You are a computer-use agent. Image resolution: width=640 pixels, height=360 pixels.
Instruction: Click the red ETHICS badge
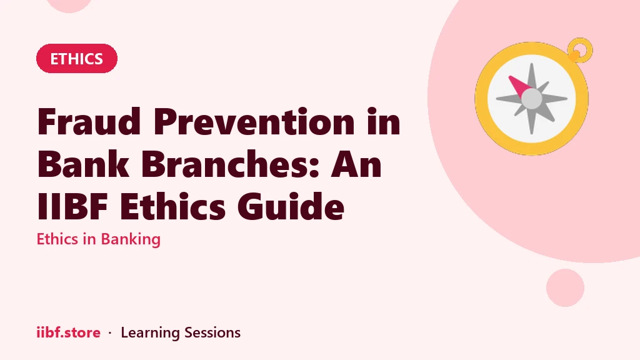(x=77, y=59)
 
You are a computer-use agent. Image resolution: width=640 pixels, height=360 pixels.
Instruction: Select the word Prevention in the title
(x=254, y=121)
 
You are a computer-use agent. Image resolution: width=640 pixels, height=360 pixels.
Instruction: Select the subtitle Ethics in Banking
(x=98, y=239)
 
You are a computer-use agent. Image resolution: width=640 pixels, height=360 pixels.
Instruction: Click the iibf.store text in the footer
(x=69, y=332)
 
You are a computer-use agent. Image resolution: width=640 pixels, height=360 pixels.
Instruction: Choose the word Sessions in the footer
(x=212, y=332)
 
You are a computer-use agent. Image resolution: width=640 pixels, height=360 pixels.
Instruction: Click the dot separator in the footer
(x=110, y=332)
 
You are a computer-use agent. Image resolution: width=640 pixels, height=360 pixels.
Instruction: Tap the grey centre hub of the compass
(x=531, y=99)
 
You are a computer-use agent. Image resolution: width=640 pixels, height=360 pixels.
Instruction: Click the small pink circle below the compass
(x=565, y=287)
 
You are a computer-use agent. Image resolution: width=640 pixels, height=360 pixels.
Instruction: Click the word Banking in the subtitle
(x=131, y=239)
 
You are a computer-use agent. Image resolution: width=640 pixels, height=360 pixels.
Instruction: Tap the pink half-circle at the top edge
(x=69, y=5)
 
